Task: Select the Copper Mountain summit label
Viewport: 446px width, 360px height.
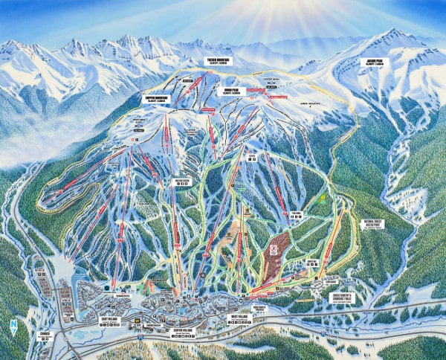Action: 156,97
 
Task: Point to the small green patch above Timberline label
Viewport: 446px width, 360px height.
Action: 322,199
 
